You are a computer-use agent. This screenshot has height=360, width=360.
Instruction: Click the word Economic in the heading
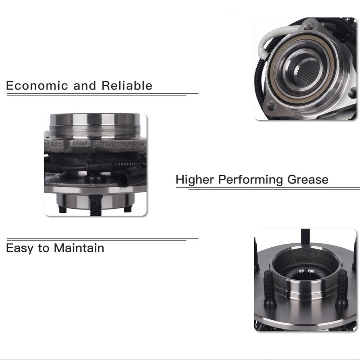[37, 86]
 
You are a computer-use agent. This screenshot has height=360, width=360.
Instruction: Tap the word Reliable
[127, 85]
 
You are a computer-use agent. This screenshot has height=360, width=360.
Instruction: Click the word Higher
[195, 180]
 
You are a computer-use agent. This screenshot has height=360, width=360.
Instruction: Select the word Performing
[250, 180]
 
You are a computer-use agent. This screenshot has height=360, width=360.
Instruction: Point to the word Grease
[308, 180]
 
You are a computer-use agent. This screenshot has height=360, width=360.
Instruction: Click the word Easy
[20, 248]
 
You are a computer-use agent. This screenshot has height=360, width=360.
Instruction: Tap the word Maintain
[79, 248]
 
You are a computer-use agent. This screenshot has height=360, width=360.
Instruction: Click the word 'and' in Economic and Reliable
[85, 86]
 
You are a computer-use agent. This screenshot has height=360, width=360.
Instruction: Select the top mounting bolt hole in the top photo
[310, 26]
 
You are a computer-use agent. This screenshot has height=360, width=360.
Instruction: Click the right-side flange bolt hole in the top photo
[352, 93]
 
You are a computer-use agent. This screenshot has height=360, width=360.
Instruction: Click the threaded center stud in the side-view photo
[95, 206]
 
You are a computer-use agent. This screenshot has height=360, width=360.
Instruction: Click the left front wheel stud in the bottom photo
[269, 289]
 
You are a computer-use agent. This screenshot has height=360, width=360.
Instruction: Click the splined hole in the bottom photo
[304, 275]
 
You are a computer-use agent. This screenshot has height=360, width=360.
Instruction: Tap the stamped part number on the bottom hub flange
[340, 253]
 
